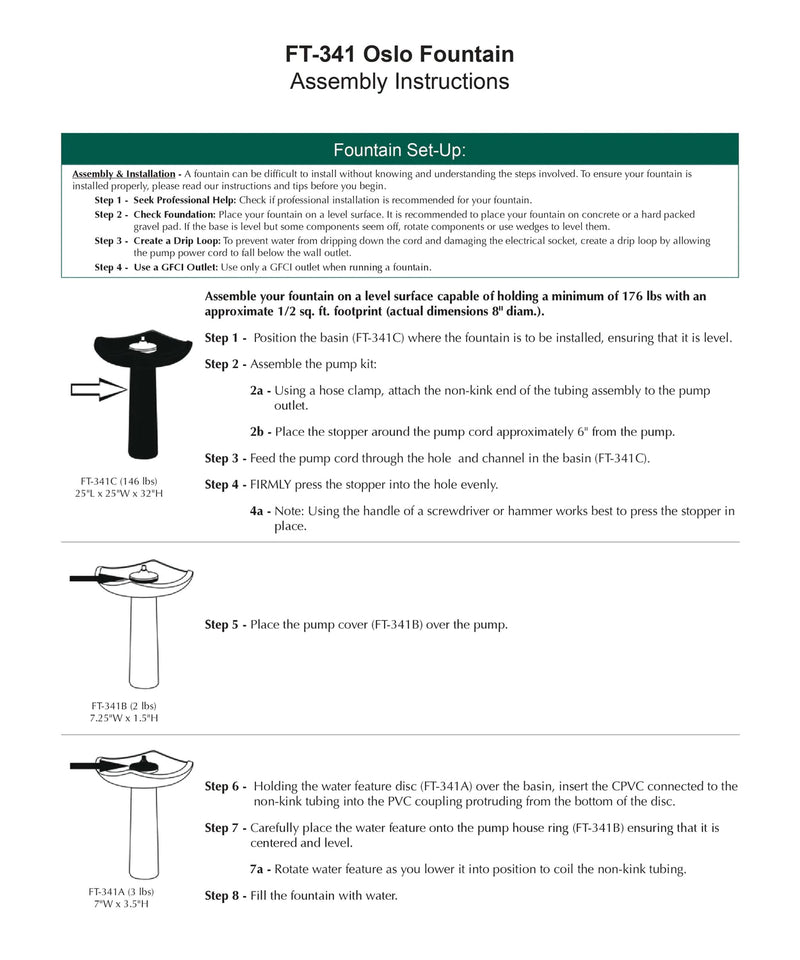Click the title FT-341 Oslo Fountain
coord(399,54)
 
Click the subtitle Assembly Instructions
coord(399,82)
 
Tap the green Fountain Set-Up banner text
coord(399,151)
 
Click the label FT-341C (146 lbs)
coord(119,481)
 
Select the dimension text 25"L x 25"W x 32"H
coord(119,494)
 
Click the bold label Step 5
coord(225,625)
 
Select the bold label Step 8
coord(225,895)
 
